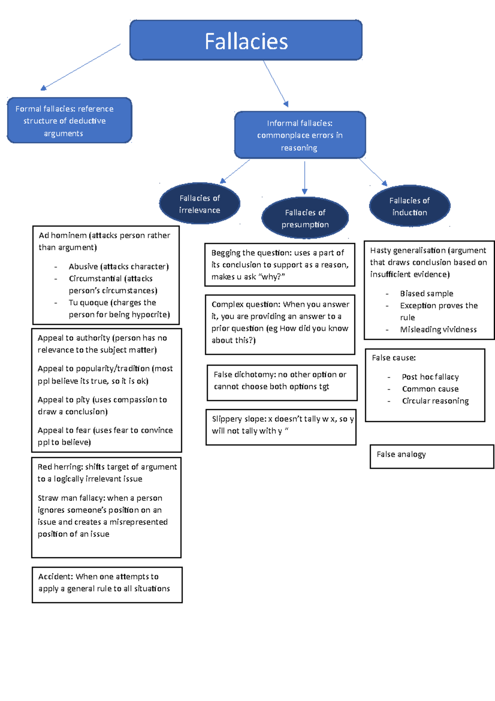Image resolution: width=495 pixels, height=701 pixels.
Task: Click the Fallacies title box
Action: point(246,40)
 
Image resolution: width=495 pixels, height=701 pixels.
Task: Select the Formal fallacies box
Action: point(69,121)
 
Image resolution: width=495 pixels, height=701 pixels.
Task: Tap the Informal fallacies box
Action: point(300,135)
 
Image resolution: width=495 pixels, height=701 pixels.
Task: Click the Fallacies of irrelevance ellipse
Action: point(200,204)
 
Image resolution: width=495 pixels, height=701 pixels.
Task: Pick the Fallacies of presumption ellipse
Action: point(305,218)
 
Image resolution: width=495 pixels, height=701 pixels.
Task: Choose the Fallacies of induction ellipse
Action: point(409,206)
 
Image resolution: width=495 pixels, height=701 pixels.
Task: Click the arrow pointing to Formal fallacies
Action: point(80,67)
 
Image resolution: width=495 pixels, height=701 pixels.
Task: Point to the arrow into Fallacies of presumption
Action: point(304,178)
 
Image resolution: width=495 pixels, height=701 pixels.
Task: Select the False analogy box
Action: point(431,456)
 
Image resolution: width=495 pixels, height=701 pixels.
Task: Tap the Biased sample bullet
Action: point(427,294)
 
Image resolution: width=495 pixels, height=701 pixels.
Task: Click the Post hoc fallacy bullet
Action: point(430,377)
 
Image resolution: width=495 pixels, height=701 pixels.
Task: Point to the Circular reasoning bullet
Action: point(435,401)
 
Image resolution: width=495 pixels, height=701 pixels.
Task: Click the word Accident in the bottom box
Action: point(55,576)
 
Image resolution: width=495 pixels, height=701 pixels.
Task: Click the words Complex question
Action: point(246,304)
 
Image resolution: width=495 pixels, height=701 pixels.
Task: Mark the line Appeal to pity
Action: point(64,400)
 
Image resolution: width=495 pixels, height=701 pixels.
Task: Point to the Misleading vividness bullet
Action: point(438,329)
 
